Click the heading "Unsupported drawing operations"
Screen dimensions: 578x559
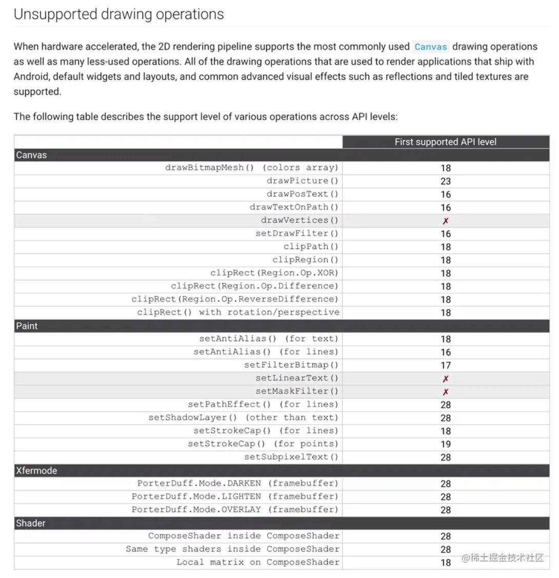119,14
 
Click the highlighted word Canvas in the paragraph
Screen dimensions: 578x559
431,47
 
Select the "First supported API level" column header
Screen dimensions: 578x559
445,142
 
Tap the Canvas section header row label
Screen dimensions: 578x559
31,155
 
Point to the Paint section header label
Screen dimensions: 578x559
27,326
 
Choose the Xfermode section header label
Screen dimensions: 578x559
36,471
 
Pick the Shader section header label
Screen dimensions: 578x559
31,523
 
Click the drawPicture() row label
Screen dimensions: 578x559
302,181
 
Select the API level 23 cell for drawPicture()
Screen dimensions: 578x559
446,181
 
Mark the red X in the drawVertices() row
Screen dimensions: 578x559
446,221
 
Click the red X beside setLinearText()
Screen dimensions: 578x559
446,378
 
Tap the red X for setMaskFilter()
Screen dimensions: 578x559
446,392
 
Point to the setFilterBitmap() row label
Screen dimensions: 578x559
291,365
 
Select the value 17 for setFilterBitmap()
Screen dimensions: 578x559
446,365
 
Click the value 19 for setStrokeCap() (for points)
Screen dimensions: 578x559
446,444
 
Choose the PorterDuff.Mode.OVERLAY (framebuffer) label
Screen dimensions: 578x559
235,510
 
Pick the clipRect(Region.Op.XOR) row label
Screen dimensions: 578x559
274,273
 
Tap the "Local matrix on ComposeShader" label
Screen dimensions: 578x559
258,562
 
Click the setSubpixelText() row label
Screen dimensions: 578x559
291,457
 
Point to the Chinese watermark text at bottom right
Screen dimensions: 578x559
503,558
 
